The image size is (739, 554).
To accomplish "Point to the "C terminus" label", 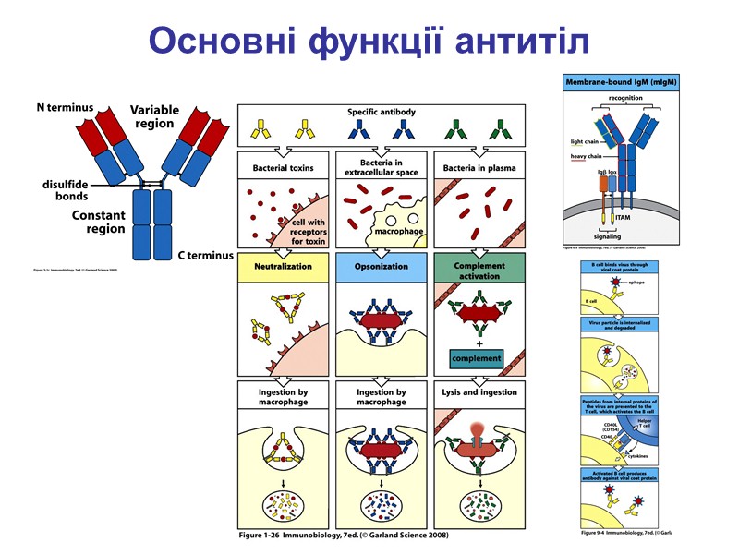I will (x=206, y=255).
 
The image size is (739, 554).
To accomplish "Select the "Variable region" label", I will (x=153, y=115).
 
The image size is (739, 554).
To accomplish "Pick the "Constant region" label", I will (x=99, y=222).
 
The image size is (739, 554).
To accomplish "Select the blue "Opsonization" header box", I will (x=381, y=266).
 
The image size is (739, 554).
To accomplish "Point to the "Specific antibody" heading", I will (x=381, y=112).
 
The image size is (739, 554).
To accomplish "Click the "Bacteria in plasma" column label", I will (x=479, y=168).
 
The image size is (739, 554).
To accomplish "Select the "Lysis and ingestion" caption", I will (x=479, y=392).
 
